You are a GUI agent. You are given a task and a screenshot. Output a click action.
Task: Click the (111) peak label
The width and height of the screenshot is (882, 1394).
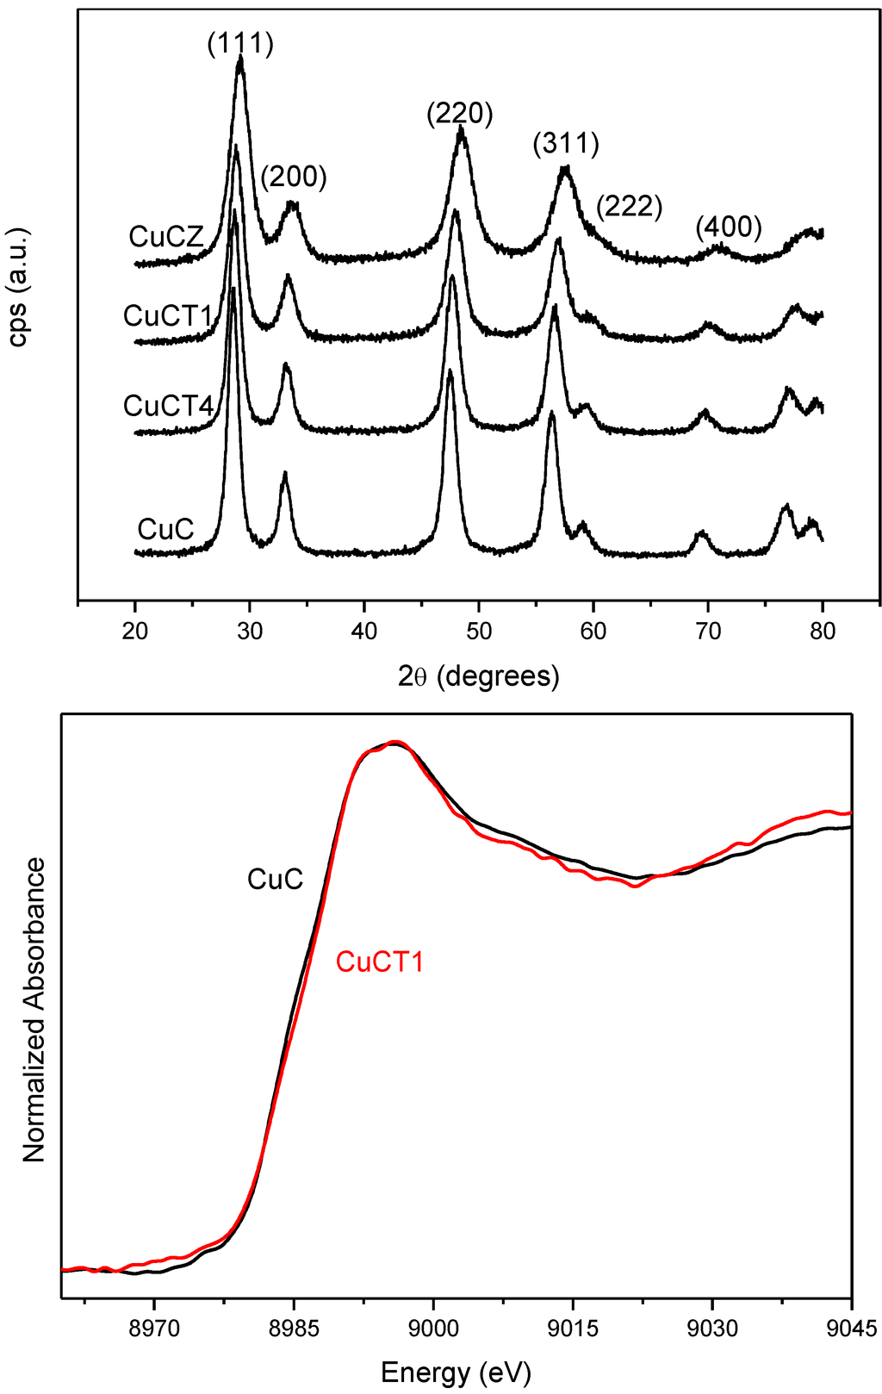pos(240,43)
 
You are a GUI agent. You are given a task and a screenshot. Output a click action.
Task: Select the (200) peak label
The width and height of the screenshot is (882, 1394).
pos(294,177)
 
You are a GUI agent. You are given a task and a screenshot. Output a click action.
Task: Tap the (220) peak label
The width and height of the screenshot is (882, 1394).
pos(460,113)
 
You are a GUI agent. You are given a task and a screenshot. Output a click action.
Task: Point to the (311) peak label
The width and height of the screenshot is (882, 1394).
pos(566,142)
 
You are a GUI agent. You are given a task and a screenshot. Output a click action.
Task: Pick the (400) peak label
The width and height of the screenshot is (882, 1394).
pos(729,227)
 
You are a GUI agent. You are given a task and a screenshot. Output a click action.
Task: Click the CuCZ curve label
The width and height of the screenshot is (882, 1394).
pos(166,237)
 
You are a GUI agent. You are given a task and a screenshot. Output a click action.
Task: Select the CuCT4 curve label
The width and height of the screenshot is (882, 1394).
pos(168,405)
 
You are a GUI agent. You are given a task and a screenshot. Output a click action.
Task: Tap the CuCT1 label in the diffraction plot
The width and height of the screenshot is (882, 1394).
pos(168,316)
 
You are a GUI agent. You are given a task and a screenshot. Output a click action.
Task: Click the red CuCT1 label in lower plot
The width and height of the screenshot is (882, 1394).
pos(380,961)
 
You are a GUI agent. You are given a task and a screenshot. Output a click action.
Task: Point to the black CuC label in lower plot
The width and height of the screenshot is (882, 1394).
pos(275,880)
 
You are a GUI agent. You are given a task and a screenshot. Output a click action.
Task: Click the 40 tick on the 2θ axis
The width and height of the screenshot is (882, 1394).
pos(364,631)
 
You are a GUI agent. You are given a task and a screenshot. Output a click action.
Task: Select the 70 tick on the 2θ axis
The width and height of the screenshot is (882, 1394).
pos(708,631)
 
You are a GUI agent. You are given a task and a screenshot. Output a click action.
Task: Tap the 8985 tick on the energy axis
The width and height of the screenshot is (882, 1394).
pos(294,1328)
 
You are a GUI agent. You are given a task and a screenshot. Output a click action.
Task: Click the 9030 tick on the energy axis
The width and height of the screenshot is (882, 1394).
pos(711,1328)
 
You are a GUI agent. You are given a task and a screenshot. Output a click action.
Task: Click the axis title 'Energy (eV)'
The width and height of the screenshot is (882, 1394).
pos(456,1371)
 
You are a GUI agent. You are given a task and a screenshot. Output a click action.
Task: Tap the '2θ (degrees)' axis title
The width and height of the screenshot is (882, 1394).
pos(479,676)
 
